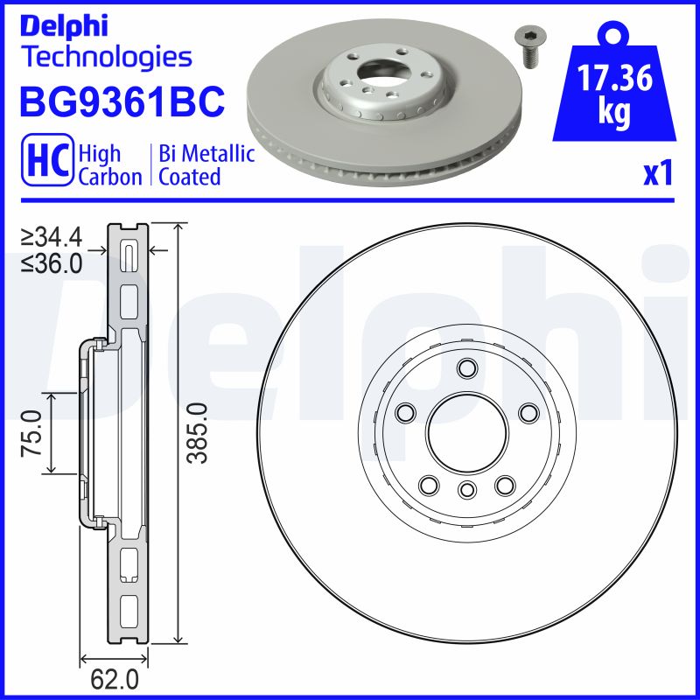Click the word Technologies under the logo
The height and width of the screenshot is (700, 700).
pyautogui.click(x=105, y=58)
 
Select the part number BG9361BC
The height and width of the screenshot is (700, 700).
pyautogui.click(x=122, y=103)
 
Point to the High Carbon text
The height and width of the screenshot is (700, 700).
pyautogui.click(x=109, y=165)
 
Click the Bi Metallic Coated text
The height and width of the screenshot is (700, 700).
pyautogui.click(x=206, y=165)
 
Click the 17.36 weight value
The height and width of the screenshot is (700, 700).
pyautogui.click(x=615, y=80)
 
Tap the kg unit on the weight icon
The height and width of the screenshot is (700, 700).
pyautogui.click(x=615, y=114)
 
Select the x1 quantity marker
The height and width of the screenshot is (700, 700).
pyautogui.click(x=657, y=174)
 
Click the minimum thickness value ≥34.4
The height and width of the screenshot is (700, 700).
pyautogui.click(x=53, y=237)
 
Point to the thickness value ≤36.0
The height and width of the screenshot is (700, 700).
pyautogui.click(x=53, y=262)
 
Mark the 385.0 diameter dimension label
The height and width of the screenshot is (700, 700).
pyautogui.click(x=198, y=433)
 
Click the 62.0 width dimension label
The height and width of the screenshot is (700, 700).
pyautogui.click(x=115, y=678)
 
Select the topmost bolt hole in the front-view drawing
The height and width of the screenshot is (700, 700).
pyautogui.click(x=466, y=367)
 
